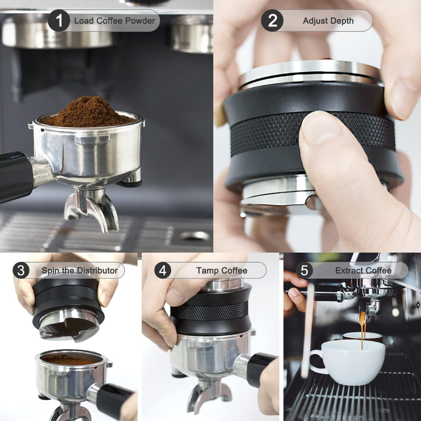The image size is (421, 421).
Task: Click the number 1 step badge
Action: click(59, 20)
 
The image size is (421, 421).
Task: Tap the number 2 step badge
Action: click(272, 20)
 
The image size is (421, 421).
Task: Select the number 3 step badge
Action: click(21, 270)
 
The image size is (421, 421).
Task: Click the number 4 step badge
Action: click(163, 270)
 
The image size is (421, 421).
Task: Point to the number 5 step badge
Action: click(304, 270)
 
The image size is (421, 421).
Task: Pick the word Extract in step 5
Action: click(348, 271)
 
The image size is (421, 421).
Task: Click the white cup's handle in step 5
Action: click(317, 361)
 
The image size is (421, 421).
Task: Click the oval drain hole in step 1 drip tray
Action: click(195, 236)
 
